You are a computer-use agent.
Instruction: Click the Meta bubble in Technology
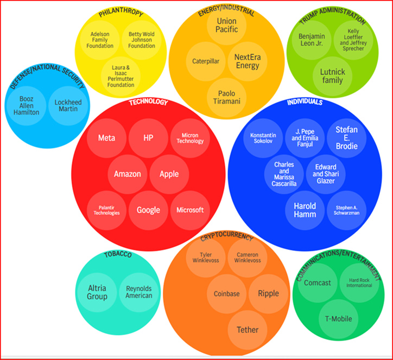click(x=106, y=138)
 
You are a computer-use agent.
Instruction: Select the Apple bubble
click(x=169, y=174)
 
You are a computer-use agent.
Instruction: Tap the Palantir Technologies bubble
click(x=106, y=210)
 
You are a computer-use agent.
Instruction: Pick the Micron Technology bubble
click(x=190, y=138)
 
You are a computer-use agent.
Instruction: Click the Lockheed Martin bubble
click(x=66, y=105)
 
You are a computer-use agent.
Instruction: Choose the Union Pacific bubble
click(x=227, y=25)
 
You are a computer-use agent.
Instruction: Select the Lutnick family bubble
click(x=333, y=76)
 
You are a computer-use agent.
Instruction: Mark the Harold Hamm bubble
click(x=305, y=210)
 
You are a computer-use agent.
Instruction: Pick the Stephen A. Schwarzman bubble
click(x=346, y=210)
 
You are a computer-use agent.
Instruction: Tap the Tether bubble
click(x=248, y=330)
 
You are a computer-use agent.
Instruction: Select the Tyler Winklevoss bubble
click(x=206, y=257)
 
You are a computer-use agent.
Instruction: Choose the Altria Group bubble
click(x=97, y=292)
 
